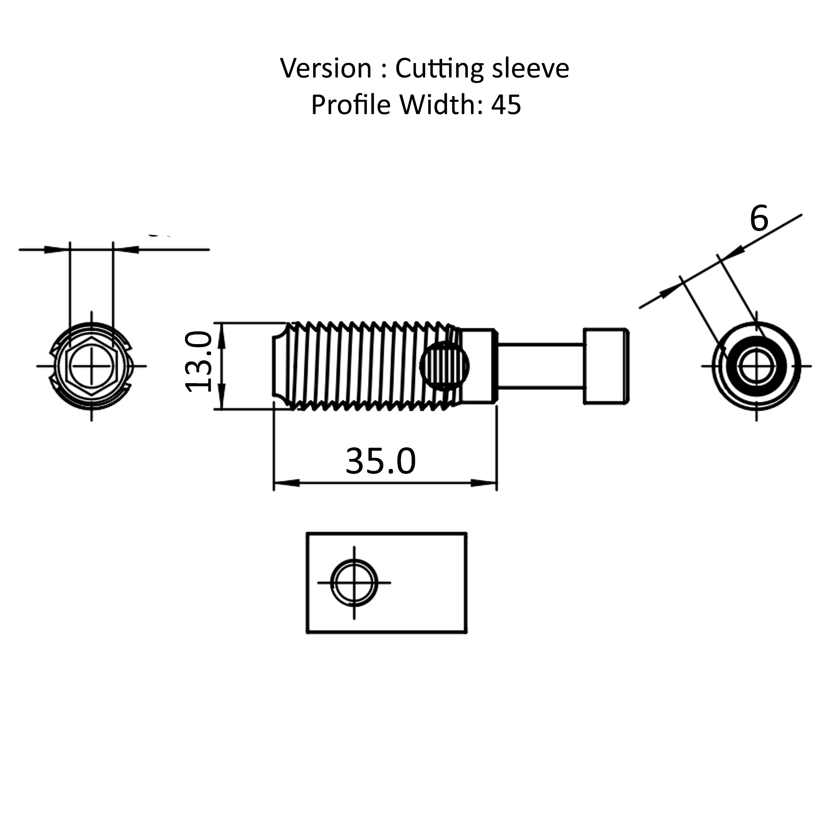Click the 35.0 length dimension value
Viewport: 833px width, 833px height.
click(x=380, y=461)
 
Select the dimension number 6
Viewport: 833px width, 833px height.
click(x=759, y=219)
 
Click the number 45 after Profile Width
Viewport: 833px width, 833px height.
click(x=506, y=105)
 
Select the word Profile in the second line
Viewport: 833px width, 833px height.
click(x=351, y=105)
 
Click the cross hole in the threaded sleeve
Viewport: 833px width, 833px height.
click(x=445, y=366)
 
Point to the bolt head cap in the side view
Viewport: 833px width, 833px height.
click(x=606, y=366)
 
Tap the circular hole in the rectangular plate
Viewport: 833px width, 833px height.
click(x=354, y=583)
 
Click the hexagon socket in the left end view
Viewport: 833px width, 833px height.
click(x=92, y=366)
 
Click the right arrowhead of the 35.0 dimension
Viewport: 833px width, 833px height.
click(x=484, y=483)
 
